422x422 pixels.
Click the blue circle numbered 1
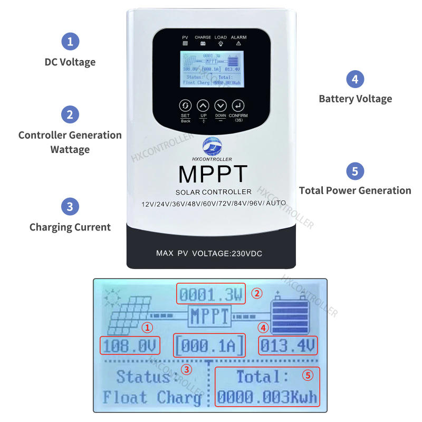70,41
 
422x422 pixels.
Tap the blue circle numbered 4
355,79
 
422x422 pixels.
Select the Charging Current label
70,227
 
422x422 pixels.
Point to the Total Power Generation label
355,190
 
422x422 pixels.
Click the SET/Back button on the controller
185,105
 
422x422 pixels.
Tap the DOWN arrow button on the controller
220,105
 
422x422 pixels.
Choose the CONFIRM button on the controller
238,105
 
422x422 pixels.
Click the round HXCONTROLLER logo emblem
213,146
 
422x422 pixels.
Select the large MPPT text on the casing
213,175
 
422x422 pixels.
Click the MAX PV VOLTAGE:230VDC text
209,254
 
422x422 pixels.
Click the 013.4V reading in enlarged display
288,346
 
